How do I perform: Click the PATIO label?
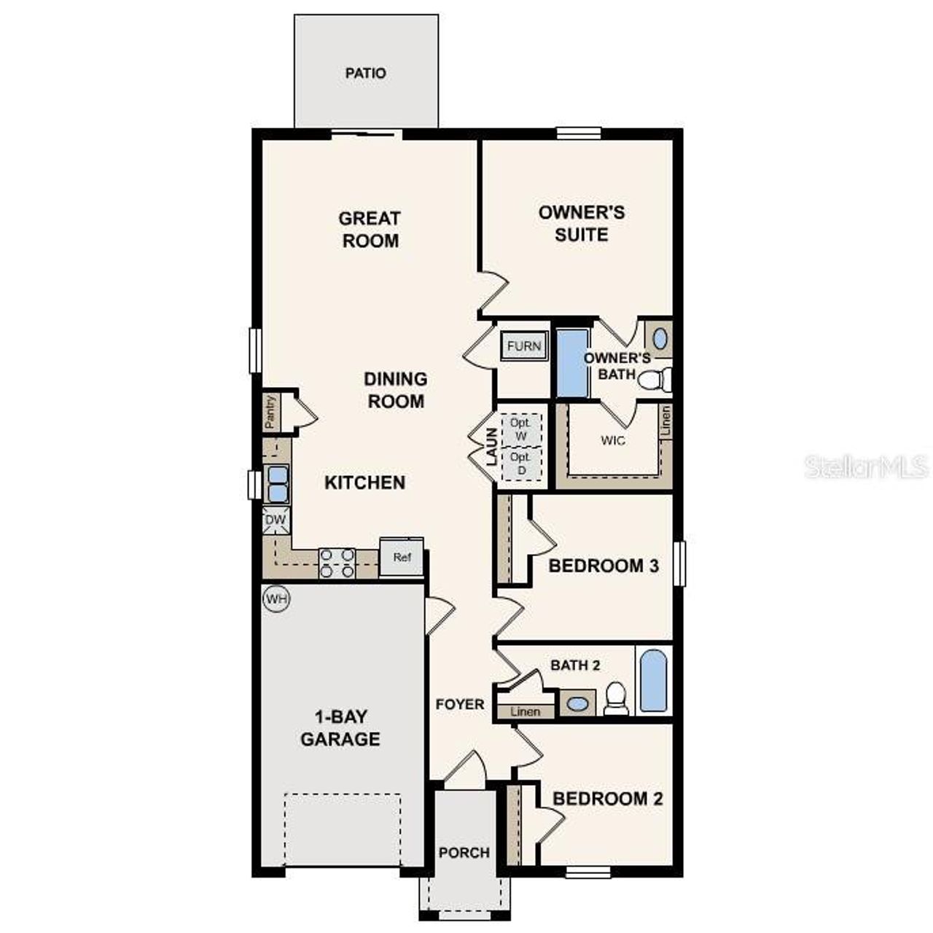(x=365, y=73)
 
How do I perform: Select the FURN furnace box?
(x=523, y=346)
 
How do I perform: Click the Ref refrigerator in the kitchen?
(x=402, y=558)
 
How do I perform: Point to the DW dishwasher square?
(x=276, y=520)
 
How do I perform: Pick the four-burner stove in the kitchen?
(x=337, y=563)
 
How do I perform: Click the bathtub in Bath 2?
(x=653, y=681)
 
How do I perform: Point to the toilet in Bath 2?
(x=617, y=698)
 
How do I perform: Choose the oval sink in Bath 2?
(x=577, y=704)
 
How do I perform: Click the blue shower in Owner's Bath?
(x=572, y=363)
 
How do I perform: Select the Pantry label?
(x=270, y=412)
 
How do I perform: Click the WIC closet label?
(x=612, y=440)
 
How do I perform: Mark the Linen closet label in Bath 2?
(x=525, y=711)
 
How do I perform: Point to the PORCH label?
(x=464, y=852)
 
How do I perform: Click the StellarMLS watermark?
(x=866, y=466)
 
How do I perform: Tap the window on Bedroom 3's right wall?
(x=679, y=563)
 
